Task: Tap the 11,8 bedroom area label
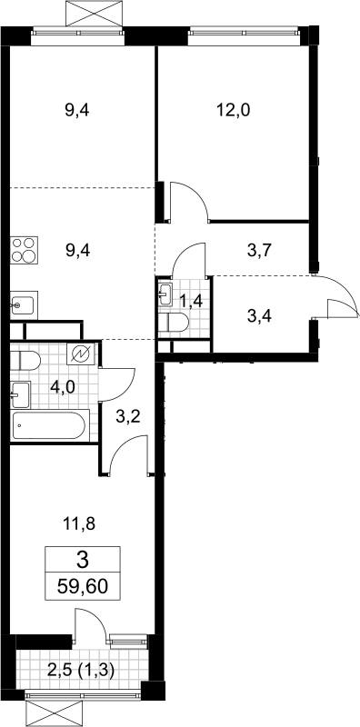[x=78, y=524]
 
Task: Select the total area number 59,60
[x=83, y=586]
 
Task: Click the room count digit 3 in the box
[x=83, y=561]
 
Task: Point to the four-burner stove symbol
[x=25, y=250]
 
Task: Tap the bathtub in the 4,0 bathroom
[x=48, y=425]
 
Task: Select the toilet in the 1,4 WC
[x=173, y=323]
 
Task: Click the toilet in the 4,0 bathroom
[x=25, y=360]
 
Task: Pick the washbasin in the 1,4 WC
[x=165, y=294]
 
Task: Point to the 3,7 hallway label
[x=259, y=252]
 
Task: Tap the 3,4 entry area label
[x=259, y=317]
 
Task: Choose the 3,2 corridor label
[x=127, y=416]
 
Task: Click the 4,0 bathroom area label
[x=63, y=387]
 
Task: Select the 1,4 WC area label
[x=191, y=302]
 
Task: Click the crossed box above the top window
[x=95, y=14]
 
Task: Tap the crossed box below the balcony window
[x=55, y=713]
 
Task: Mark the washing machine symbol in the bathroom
[x=81, y=354]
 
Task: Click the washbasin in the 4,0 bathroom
[x=20, y=394]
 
